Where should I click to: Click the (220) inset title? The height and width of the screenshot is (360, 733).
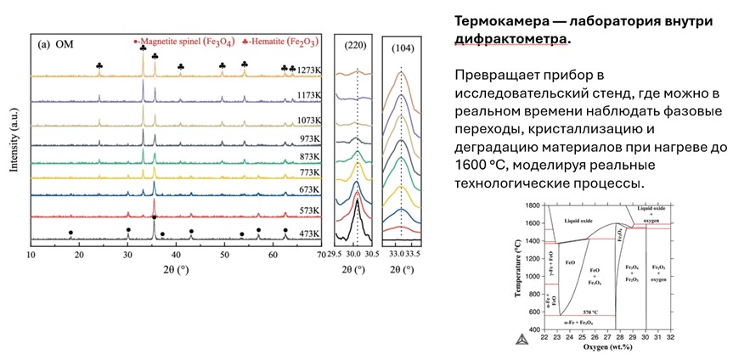pos(356,45)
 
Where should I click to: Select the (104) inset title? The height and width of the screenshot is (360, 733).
pos(403,45)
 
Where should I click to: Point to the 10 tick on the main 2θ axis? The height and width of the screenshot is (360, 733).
pos(31,254)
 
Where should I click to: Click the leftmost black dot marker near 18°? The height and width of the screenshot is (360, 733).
pos(70,231)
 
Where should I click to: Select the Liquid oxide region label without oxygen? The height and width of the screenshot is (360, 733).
pos(582,221)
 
